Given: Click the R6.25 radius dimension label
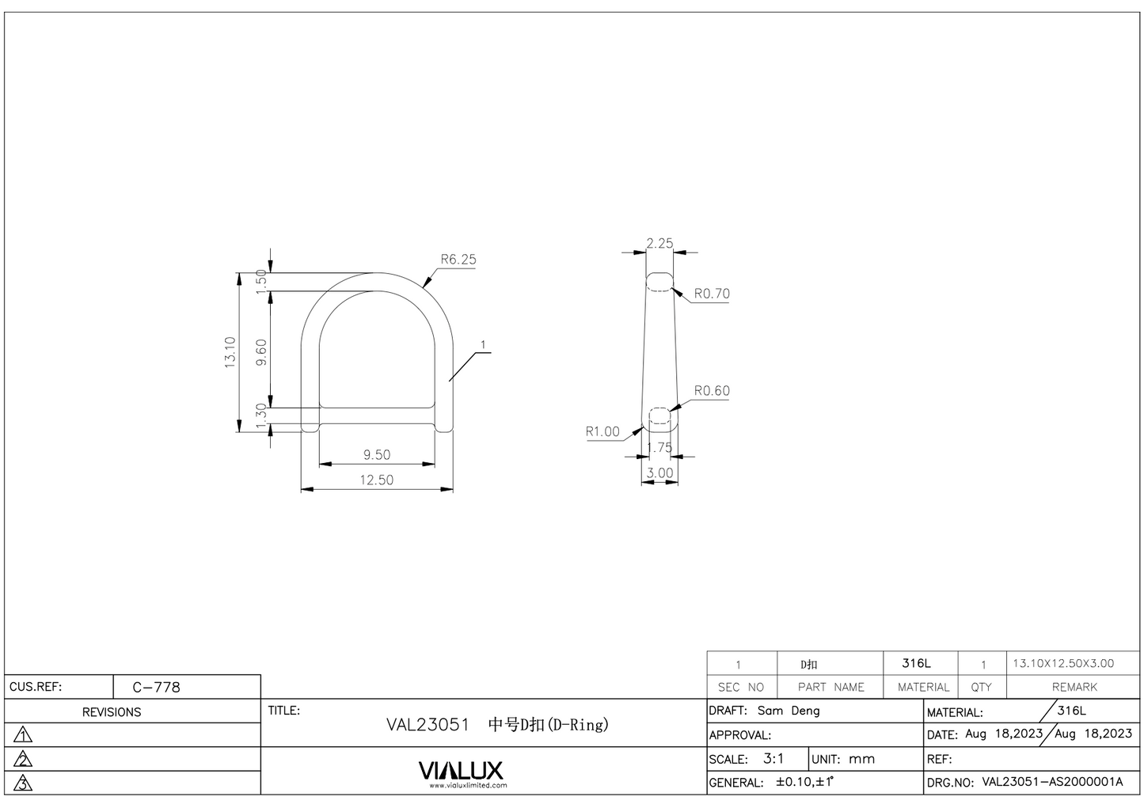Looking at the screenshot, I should [458, 260].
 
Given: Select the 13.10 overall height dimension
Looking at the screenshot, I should [230, 352].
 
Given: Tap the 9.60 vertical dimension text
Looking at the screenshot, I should [262, 352].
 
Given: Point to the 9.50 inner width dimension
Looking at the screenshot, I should [377, 455].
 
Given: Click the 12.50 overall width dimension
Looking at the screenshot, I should [377, 480].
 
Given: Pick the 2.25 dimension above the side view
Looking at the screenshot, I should [659, 244].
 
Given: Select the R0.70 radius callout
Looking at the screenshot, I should [712, 294].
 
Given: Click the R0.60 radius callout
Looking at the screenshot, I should [712, 391].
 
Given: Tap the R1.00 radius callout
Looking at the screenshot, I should [602, 432].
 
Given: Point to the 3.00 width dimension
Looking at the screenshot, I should [659, 473].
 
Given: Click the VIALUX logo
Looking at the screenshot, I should [460, 772].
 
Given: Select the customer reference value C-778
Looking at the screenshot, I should [156, 687].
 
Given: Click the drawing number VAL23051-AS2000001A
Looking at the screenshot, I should [1052, 782].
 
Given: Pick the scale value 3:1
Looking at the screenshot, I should [773, 758].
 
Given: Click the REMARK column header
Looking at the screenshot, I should [1074, 687].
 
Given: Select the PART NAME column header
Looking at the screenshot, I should [830, 687].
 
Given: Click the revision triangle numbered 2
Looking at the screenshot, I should [24, 760].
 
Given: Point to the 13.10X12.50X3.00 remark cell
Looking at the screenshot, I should [1063, 663].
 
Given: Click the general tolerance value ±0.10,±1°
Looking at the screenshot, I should [804, 782].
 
